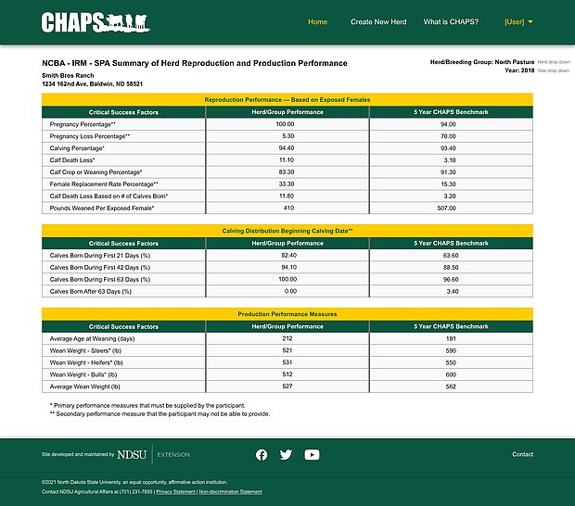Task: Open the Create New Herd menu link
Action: (x=378, y=22)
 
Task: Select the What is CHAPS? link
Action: (x=450, y=22)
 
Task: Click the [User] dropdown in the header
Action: (x=518, y=22)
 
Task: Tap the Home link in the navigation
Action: (x=317, y=22)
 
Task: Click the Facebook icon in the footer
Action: (x=262, y=454)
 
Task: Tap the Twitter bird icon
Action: (x=286, y=454)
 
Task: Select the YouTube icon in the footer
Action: (x=312, y=454)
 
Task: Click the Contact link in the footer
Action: (x=522, y=454)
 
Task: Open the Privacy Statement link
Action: (x=175, y=492)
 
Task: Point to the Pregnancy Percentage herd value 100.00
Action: (x=285, y=123)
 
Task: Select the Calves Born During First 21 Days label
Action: (x=99, y=255)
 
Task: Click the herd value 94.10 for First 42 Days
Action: (x=285, y=267)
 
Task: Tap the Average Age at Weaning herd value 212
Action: (x=287, y=338)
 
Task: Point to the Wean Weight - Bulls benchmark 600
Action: (x=451, y=374)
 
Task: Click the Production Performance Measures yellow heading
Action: (x=287, y=314)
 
